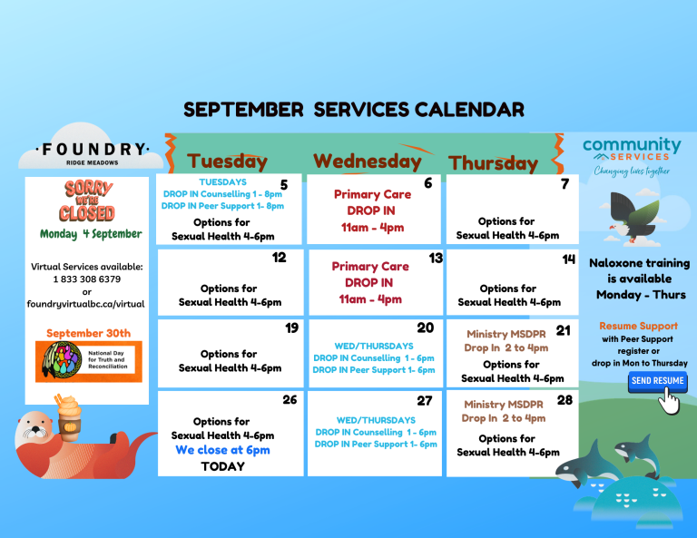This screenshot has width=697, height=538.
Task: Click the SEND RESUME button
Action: pos(657,381)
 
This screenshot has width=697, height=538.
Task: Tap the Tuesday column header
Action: pos(227,161)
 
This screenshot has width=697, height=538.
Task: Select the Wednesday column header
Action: pos(368,161)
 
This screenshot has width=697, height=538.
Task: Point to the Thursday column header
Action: pos(493,163)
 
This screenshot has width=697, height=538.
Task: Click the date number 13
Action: pos(436,259)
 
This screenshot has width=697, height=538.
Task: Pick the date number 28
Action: pos(564,400)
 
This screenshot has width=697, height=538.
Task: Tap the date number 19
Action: pos(291,328)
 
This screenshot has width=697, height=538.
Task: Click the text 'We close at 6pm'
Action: pos(222,450)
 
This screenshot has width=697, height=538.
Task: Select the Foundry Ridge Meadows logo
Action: pos(92,152)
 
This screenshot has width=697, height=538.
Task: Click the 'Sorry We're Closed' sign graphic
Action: pos(87,201)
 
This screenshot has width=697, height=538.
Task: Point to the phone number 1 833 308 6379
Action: pos(87,279)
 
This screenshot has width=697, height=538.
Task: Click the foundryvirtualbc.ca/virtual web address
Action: pos(86,304)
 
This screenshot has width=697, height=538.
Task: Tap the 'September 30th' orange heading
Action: pos(88,333)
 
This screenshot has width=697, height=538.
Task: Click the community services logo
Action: pos(632,156)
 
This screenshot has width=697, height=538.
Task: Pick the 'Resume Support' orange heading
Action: pos(638,326)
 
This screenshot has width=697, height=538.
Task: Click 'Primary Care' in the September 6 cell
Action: pos(372,194)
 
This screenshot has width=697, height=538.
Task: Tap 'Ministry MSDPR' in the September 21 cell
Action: pos(506,334)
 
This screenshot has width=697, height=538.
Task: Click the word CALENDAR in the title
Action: pos(469,110)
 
